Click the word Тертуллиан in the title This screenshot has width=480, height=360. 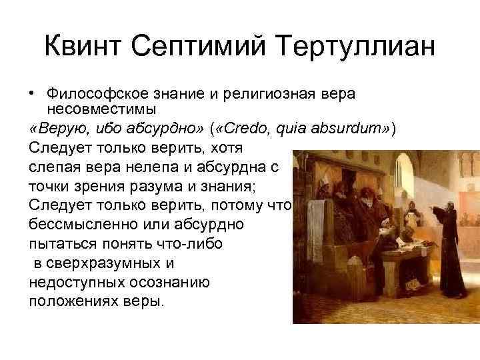(x=359, y=48)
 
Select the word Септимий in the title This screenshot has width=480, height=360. (x=204, y=48)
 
